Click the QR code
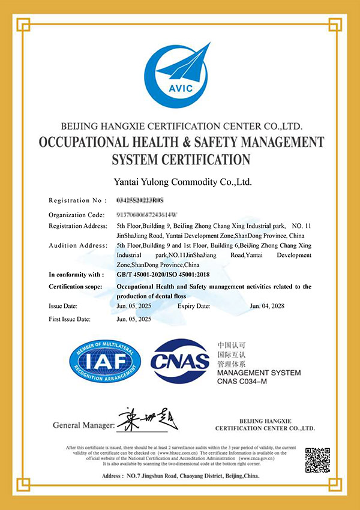click(x=318, y=460)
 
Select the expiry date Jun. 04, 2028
click(x=267, y=306)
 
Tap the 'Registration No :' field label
click(x=77, y=200)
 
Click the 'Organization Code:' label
click(x=77, y=214)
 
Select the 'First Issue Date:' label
click(x=70, y=319)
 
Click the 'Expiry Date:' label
click(x=194, y=306)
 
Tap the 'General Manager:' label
click(x=83, y=425)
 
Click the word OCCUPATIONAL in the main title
click(x=88, y=143)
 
